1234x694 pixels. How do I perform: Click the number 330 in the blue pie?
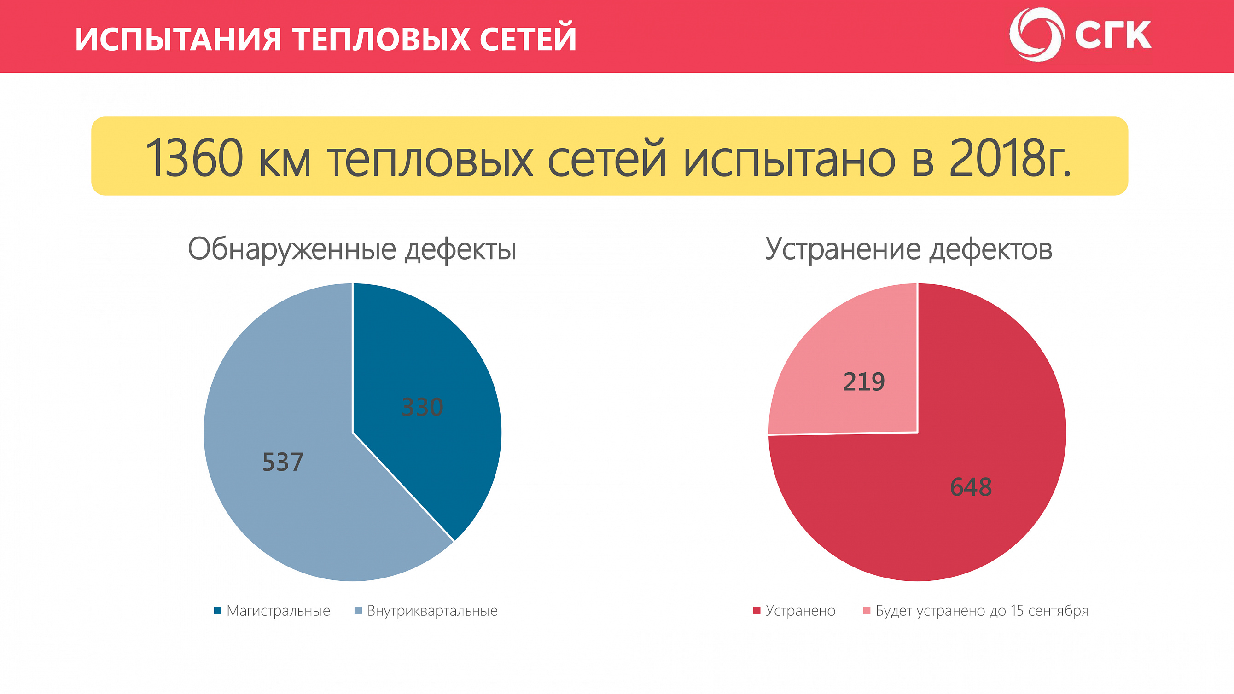pyautogui.click(x=422, y=407)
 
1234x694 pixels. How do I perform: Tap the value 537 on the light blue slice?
pyautogui.click(x=283, y=462)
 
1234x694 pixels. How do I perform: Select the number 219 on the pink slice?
pyautogui.click(x=864, y=382)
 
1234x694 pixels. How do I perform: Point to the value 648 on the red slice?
pyautogui.click(x=971, y=487)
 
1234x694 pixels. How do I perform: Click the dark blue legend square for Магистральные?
pyautogui.click(x=217, y=610)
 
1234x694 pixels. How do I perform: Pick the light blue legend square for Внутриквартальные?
pyautogui.click(x=358, y=610)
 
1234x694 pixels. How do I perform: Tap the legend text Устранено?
pyautogui.click(x=800, y=611)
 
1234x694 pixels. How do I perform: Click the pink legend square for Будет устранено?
pyautogui.click(x=866, y=610)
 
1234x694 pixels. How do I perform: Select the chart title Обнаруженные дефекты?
pyautogui.click(x=352, y=249)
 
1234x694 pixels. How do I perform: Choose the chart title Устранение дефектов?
pyautogui.click(x=908, y=249)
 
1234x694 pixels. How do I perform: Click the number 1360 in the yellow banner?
pyautogui.click(x=193, y=158)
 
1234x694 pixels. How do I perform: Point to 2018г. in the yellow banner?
pyautogui.click(x=1009, y=158)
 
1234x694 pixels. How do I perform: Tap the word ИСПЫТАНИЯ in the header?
pyautogui.click(x=178, y=38)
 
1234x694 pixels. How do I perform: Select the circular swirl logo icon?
pyautogui.click(x=1036, y=35)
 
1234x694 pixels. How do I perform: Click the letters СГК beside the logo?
pyautogui.click(x=1113, y=35)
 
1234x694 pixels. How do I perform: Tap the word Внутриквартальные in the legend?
pyautogui.click(x=432, y=611)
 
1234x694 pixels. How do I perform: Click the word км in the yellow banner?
pyautogui.click(x=285, y=161)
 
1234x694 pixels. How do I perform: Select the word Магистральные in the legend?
pyautogui.click(x=278, y=611)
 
